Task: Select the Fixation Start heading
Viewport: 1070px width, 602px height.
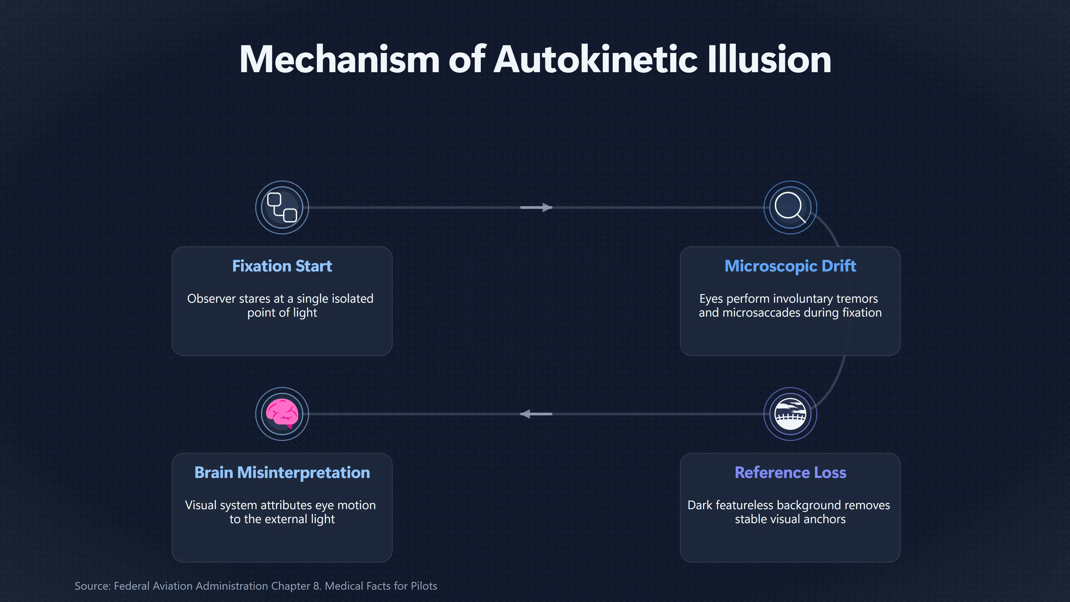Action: click(x=282, y=266)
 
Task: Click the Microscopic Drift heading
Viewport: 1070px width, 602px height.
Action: click(x=790, y=266)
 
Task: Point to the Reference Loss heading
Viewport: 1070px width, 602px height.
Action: click(x=790, y=472)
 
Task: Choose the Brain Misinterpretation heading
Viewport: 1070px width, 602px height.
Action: click(x=282, y=472)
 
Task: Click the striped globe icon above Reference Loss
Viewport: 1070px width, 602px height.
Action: click(x=790, y=414)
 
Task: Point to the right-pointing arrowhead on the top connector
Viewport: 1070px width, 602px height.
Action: click(x=547, y=207)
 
